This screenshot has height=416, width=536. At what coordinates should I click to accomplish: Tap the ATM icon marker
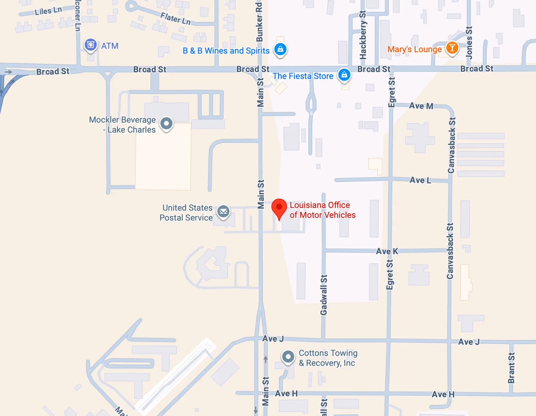click(90, 45)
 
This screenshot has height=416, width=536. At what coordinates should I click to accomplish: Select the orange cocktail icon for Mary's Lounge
click(452, 48)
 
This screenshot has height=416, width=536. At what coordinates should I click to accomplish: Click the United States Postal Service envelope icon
click(223, 212)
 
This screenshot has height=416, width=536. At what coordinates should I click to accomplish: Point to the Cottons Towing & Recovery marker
click(288, 357)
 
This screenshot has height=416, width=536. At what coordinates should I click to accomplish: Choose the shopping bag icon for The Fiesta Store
click(344, 74)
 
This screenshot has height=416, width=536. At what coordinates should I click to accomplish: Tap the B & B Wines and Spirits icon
click(280, 49)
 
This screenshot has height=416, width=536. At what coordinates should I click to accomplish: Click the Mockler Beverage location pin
click(166, 123)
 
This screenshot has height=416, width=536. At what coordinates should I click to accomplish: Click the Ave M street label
click(421, 106)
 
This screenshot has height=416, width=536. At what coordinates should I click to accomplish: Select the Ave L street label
click(420, 180)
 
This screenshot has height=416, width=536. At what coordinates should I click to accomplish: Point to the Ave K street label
click(387, 252)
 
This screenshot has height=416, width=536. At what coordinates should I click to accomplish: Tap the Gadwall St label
click(323, 295)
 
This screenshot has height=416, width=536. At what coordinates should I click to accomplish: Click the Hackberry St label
click(363, 35)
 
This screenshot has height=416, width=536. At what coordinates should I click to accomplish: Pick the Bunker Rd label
click(259, 22)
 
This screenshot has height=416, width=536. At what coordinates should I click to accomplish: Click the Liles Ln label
click(48, 11)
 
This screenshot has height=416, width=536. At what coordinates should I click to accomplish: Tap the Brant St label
click(511, 368)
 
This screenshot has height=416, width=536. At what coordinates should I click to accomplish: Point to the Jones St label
click(469, 42)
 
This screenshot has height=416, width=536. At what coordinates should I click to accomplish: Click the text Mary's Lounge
click(415, 49)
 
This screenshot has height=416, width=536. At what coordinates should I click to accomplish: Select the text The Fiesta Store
click(303, 76)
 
